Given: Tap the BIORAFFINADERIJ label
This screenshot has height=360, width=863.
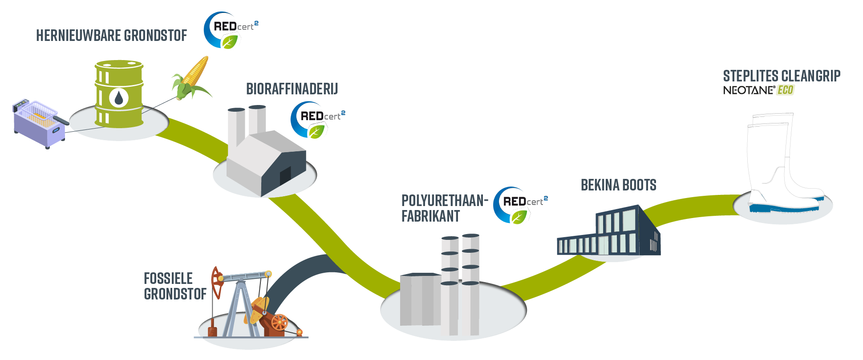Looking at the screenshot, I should click(292, 89).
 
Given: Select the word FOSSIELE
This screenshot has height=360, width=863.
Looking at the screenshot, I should click(168, 279).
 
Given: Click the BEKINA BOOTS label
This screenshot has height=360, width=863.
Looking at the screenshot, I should click(618, 185).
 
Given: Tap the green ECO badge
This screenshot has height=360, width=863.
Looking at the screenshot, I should click(786, 90).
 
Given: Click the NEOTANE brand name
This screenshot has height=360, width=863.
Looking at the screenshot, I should click(749, 90).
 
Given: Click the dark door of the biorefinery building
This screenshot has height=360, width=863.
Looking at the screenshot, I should click(285, 176).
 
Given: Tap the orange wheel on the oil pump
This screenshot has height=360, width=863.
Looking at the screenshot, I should click(280, 322).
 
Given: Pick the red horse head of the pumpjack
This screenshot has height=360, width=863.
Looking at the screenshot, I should click(217, 282).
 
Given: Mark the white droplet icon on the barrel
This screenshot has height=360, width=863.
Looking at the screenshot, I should click(118, 98).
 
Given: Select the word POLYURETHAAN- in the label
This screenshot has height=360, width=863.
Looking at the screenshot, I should click(445, 201).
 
